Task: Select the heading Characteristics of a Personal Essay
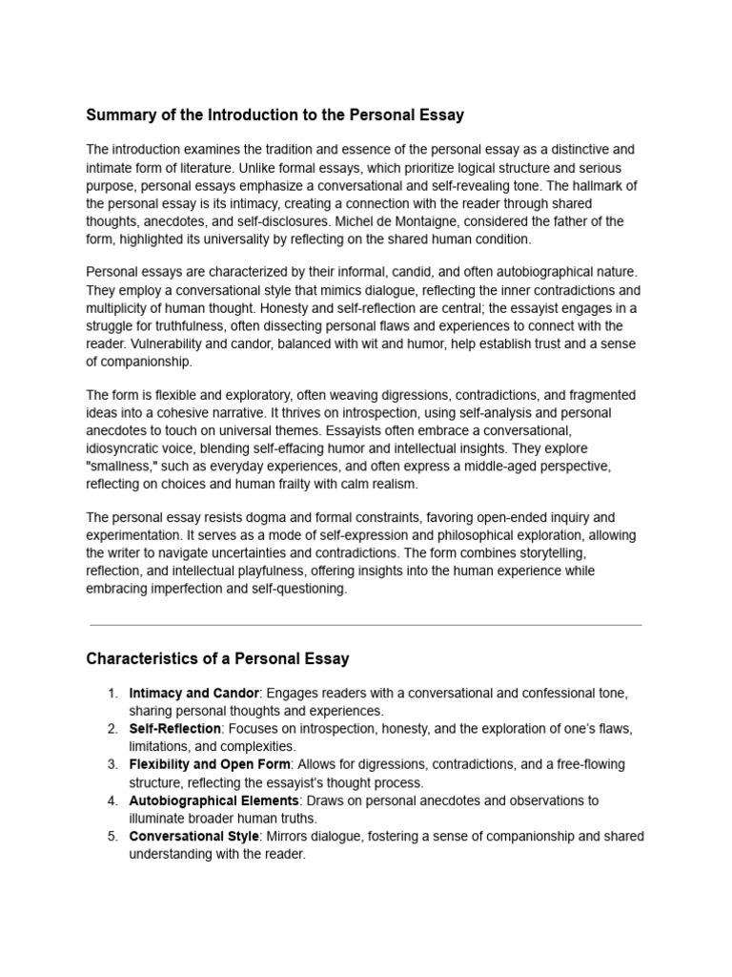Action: point(217,658)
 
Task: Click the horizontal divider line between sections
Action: point(365,625)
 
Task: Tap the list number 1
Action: point(112,694)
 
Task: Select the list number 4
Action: point(112,800)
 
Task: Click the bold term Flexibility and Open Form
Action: point(211,765)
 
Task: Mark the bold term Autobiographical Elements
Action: point(212,800)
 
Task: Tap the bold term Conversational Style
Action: point(193,837)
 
